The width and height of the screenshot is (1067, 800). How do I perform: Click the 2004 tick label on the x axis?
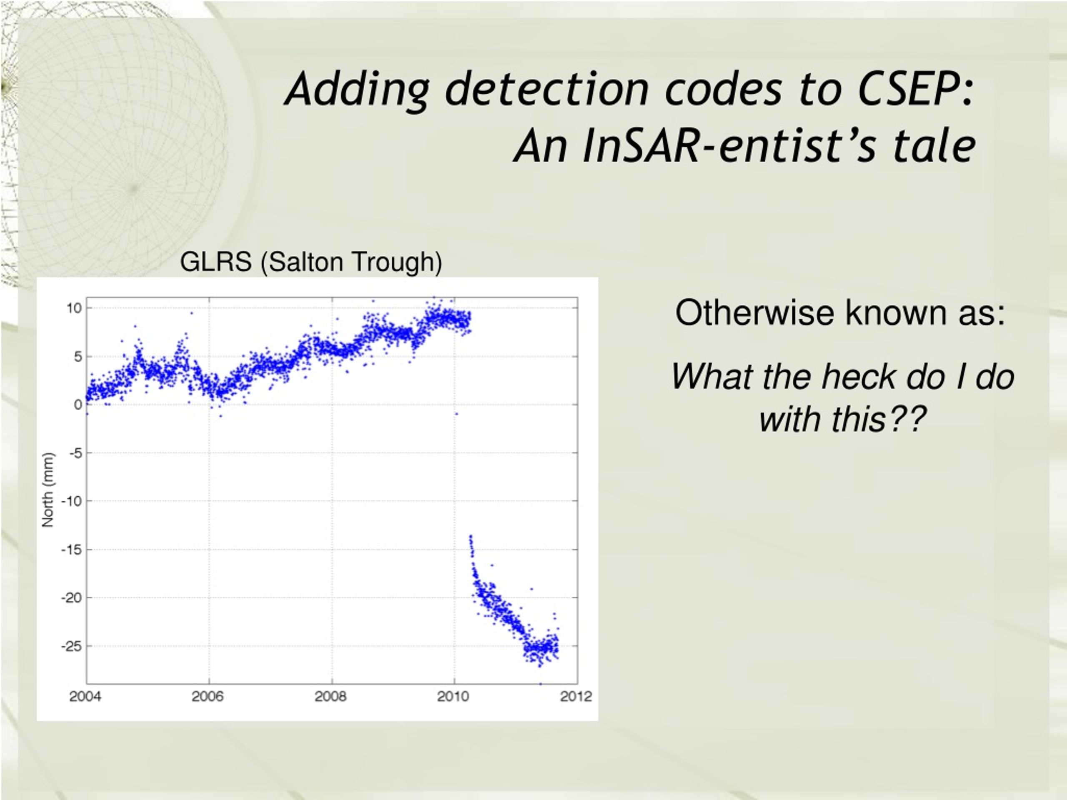coord(85,696)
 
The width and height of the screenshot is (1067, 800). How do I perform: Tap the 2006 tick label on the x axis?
coord(208,696)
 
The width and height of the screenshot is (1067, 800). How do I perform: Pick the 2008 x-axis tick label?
coord(331,696)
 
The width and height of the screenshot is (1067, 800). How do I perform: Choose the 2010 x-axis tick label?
coord(453,696)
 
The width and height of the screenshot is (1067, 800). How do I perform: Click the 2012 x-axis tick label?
coord(576,696)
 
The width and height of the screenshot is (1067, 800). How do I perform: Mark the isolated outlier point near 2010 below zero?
coord(456,414)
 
